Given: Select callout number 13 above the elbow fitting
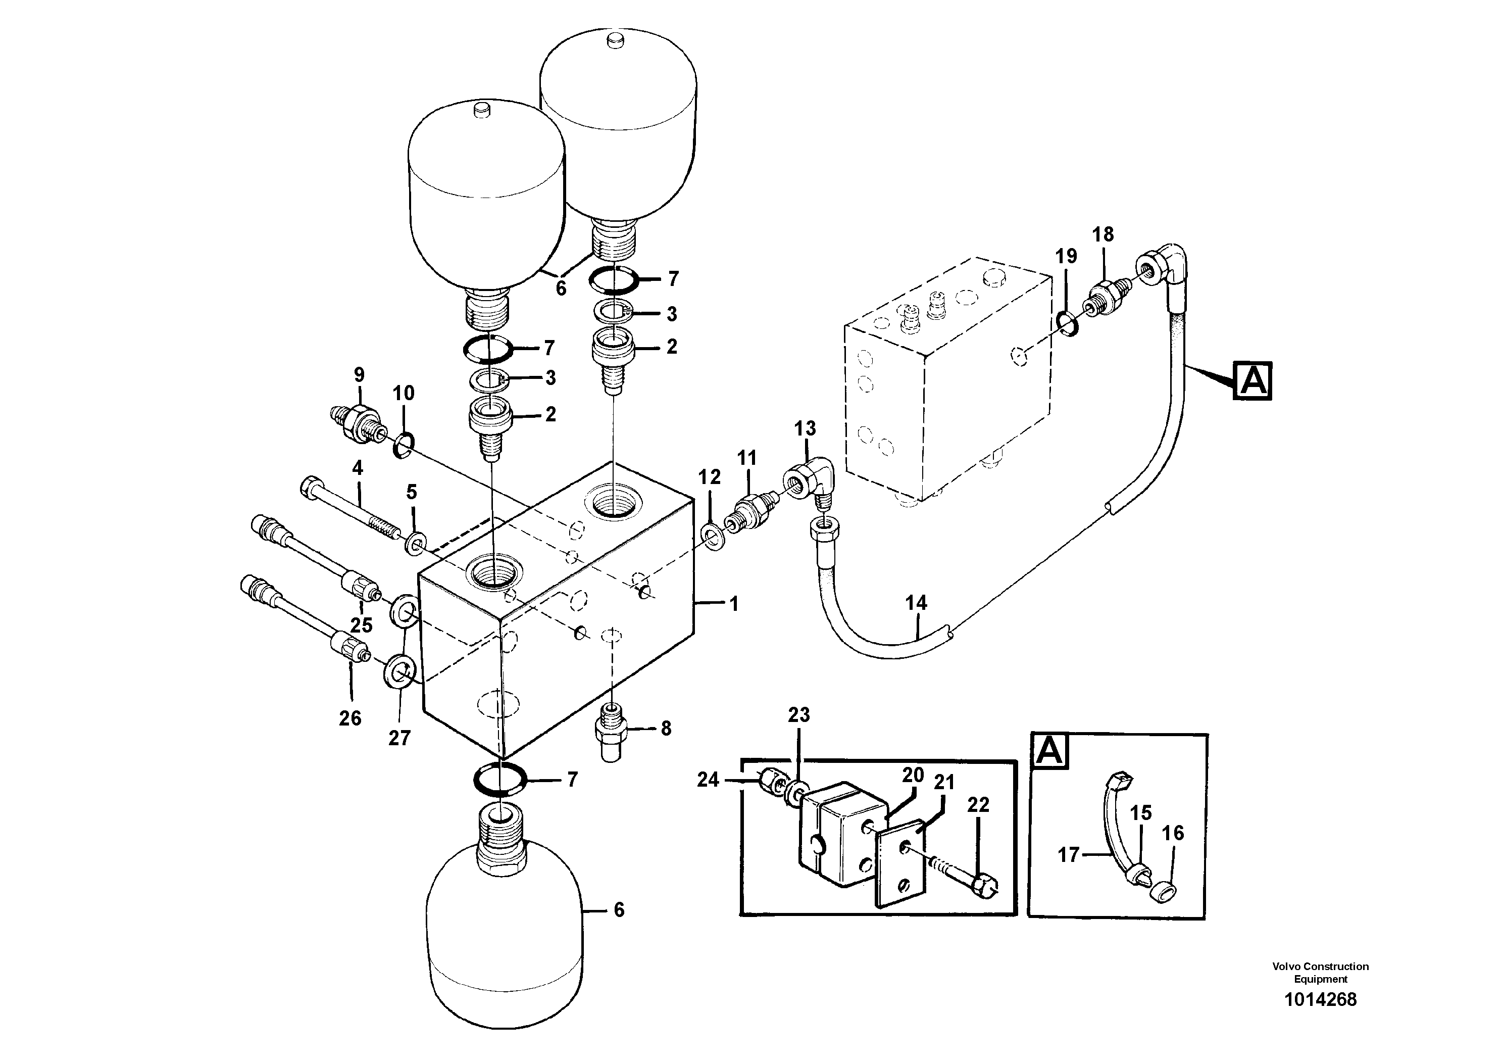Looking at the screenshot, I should point(805,429).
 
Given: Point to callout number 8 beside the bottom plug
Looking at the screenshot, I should point(666,729).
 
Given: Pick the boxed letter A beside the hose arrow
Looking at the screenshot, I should point(1253,380).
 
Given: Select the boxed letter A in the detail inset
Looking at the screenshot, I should point(1050,750).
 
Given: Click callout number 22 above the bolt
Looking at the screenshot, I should point(978,805).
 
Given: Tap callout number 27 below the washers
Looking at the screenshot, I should point(399,738).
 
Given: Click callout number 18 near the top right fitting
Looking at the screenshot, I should point(1103,234).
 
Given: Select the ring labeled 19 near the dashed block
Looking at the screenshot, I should point(1068,323).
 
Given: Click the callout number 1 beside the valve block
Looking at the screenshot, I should point(734,604).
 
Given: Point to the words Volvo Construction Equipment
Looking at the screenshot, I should point(1320,972).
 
